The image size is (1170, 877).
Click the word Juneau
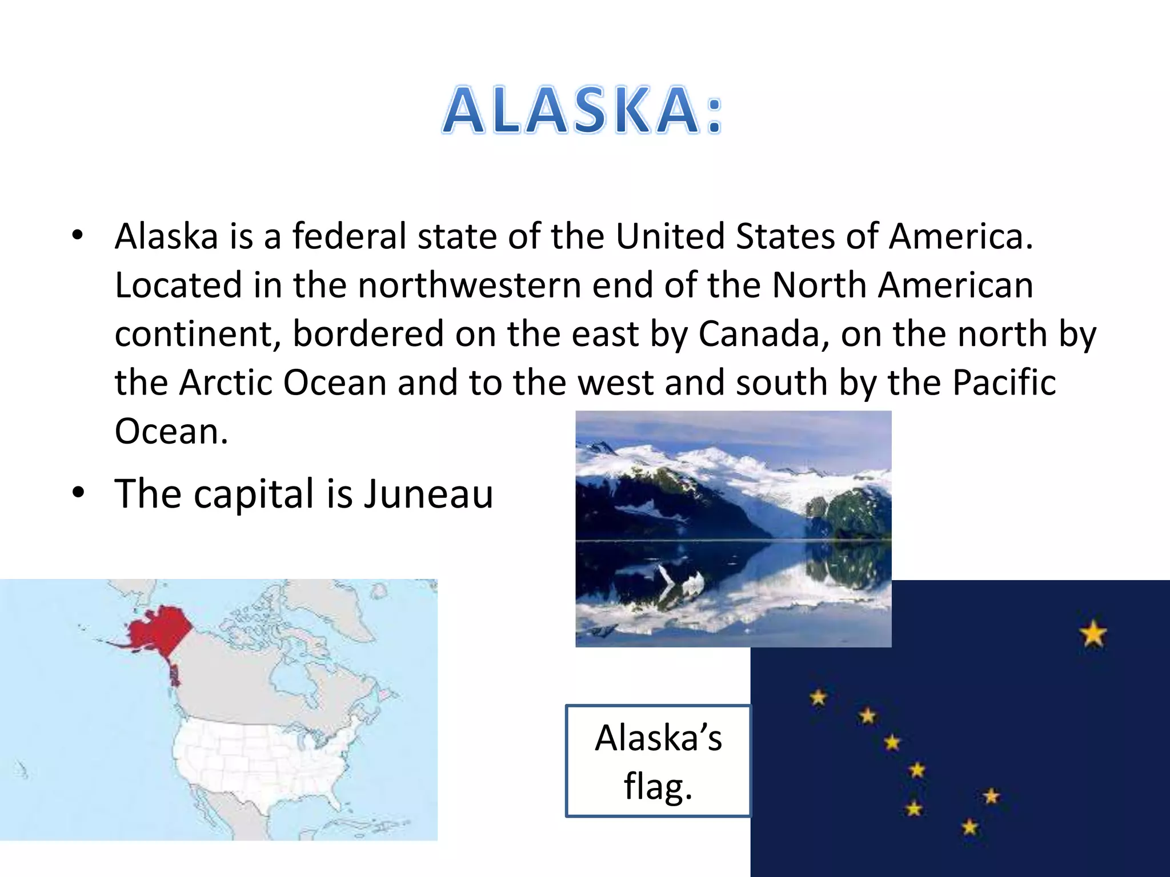pyautogui.click(x=428, y=494)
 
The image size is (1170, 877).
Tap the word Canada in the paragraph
pyautogui.click(x=759, y=333)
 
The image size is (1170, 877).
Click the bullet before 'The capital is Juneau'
pyautogui.click(x=78, y=492)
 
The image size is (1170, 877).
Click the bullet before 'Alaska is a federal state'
pyautogui.click(x=78, y=235)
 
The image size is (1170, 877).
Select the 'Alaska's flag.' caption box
pyautogui.click(x=658, y=761)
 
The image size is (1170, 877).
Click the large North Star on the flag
pyautogui.click(x=1093, y=634)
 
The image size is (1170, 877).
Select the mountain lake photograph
pyautogui.click(x=733, y=528)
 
